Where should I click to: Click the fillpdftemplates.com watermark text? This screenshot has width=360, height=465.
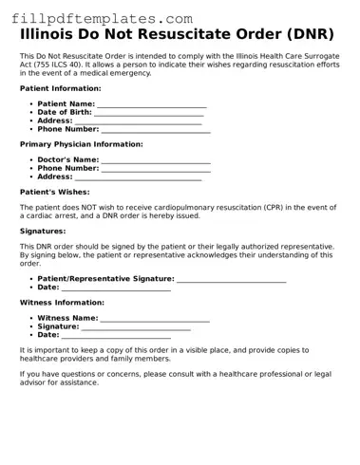point(98,18)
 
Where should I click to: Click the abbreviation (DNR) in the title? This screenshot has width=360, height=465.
point(306,35)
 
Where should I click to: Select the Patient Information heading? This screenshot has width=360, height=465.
point(61,87)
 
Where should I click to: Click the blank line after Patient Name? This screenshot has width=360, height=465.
point(152,104)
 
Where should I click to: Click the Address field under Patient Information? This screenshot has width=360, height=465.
point(138,122)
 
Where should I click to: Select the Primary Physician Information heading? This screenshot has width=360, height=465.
point(81,144)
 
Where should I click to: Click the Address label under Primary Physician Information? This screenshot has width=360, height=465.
point(55,177)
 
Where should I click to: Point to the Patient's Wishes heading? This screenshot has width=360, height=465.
point(55,191)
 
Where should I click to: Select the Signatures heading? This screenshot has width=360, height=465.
point(43,231)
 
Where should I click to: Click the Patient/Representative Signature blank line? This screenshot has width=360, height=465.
point(231,280)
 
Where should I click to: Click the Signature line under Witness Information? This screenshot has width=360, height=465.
point(136,327)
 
